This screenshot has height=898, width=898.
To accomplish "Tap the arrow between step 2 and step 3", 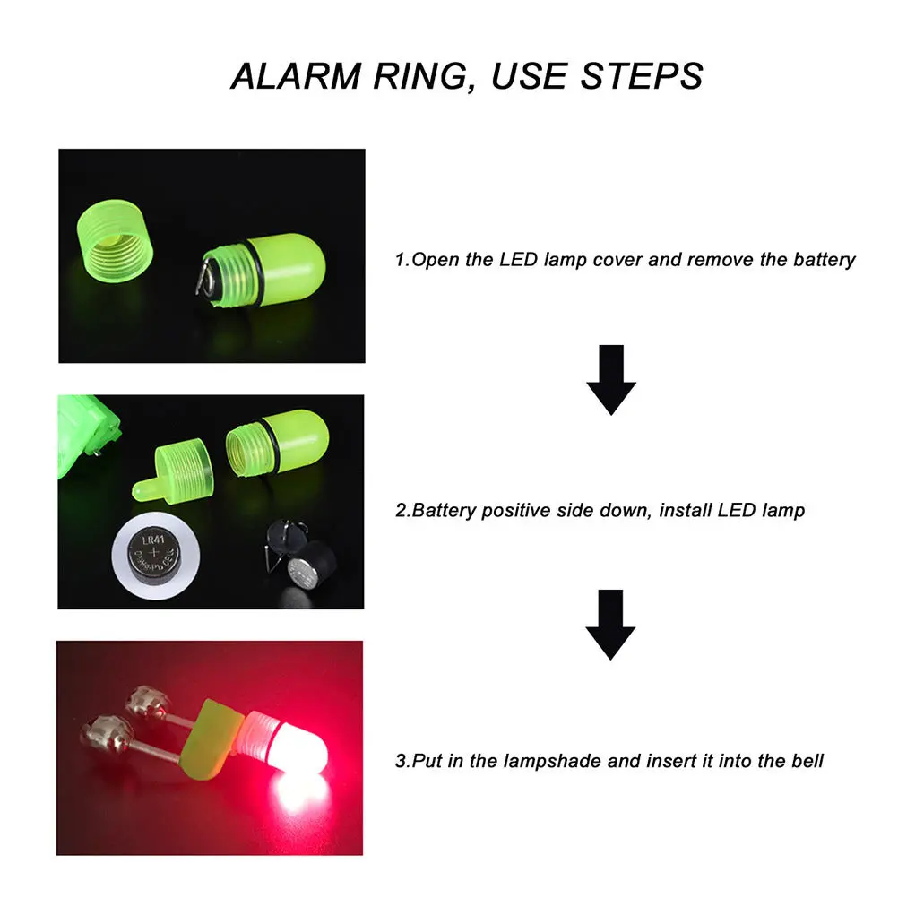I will (610, 625).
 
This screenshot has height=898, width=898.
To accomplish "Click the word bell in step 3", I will (807, 762).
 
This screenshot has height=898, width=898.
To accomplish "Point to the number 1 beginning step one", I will (400, 260).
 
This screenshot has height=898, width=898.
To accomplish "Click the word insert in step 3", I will (667, 762).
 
